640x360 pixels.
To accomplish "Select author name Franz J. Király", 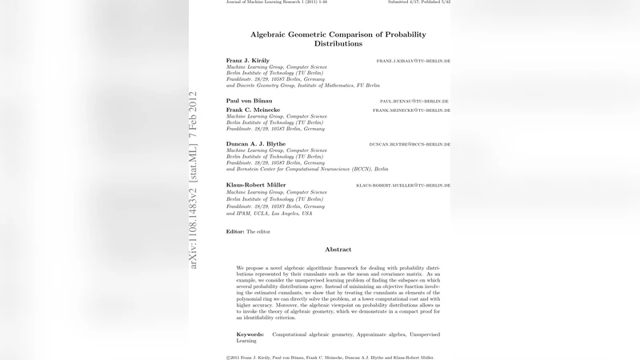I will tap(250, 61).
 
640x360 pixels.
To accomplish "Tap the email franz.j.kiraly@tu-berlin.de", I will tap(414, 61).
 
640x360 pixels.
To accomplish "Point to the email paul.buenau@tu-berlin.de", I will tap(414, 102).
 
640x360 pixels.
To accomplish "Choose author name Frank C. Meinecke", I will tap(253, 110).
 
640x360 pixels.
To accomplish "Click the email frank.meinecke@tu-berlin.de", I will tap(411, 110).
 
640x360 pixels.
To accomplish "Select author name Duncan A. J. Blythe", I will tap(257, 144).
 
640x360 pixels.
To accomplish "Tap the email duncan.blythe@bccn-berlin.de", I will tap(410, 144).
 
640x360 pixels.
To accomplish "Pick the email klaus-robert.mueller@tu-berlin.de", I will tap(403, 185).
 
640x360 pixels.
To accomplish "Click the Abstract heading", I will tap(338, 250).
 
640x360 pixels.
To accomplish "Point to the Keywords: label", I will tap(250, 334).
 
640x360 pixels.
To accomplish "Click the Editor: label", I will tap(235, 231).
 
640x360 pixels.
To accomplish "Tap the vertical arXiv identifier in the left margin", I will tap(193, 180).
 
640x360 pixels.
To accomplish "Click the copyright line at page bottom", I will tap(330, 357).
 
